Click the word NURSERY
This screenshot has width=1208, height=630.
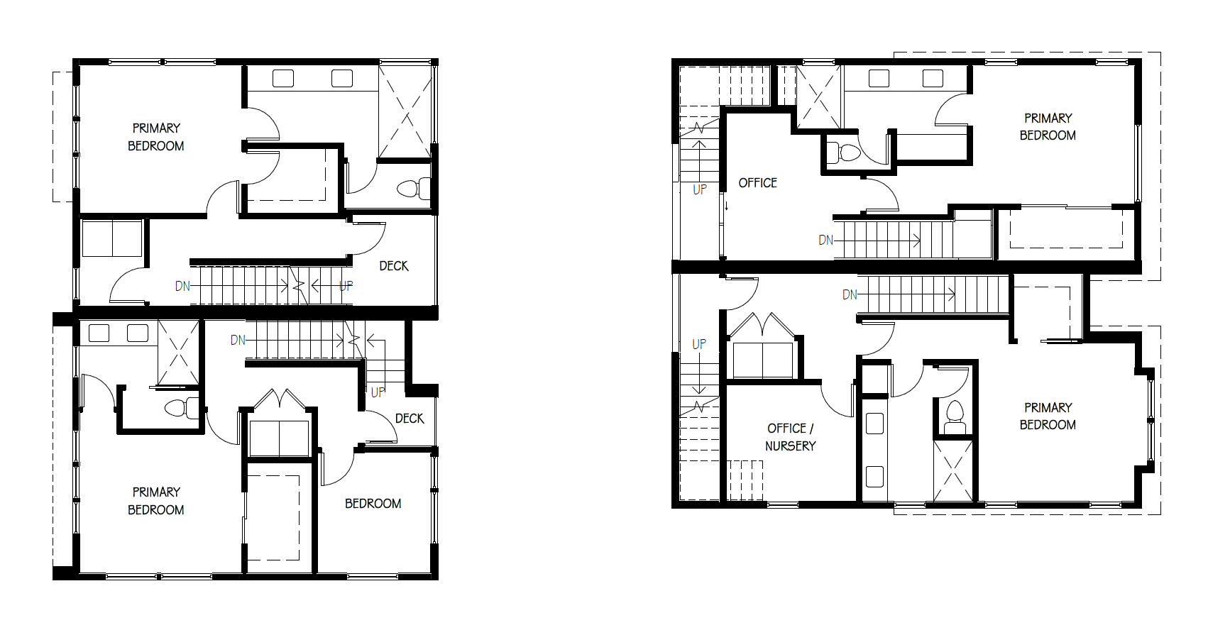click(x=790, y=446)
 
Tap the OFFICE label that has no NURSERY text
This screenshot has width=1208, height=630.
click(x=758, y=183)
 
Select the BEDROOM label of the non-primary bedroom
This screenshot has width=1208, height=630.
click(x=373, y=504)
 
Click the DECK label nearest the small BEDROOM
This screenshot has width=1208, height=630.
click(x=410, y=419)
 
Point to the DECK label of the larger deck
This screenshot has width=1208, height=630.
click(x=394, y=266)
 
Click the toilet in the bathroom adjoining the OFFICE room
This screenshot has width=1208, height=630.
click(x=843, y=153)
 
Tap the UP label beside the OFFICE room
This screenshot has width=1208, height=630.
click(x=699, y=189)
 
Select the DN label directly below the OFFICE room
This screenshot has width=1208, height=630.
click(x=825, y=241)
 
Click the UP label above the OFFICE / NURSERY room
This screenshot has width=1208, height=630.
click(x=699, y=344)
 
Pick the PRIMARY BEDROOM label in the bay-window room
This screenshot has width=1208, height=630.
click(x=1048, y=416)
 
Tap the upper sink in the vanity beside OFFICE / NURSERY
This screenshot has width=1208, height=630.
click(x=874, y=424)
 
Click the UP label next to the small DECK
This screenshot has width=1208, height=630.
click(x=378, y=392)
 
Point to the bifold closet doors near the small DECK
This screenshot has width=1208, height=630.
click(x=280, y=398)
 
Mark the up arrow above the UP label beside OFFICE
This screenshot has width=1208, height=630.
click(x=699, y=162)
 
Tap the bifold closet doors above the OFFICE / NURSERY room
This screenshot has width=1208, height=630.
click(x=762, y=326)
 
